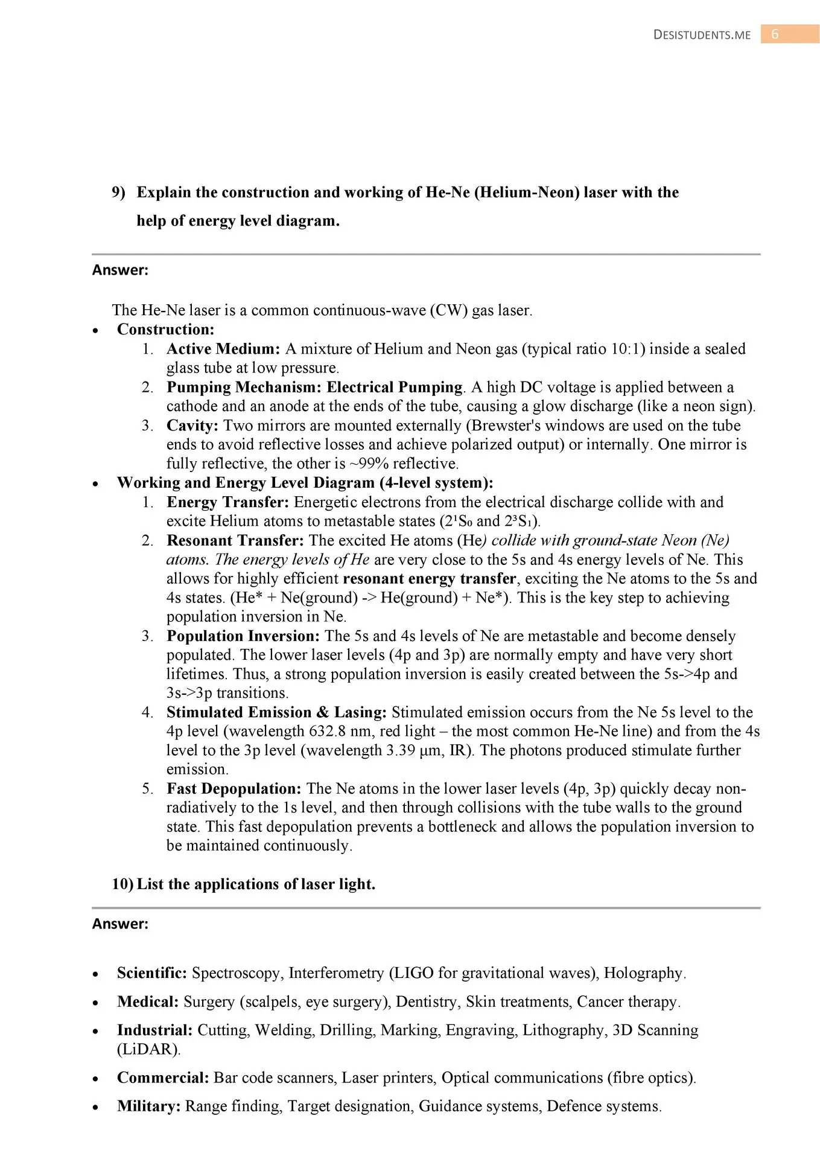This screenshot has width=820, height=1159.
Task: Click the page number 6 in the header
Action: (775, 34)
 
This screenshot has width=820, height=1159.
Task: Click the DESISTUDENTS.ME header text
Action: (702, 35)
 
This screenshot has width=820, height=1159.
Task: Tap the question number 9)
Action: (118, 193)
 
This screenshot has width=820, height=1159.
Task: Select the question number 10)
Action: (122, 884)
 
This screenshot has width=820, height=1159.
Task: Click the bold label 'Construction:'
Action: (165, 330)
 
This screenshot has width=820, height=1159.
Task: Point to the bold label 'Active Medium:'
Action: (223, 349)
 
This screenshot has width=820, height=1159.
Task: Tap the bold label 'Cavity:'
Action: (192, 426)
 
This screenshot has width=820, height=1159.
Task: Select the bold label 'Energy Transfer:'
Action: (227, 502)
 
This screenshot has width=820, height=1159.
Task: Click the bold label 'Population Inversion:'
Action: (243, 636)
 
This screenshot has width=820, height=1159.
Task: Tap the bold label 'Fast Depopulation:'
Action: (234, 789)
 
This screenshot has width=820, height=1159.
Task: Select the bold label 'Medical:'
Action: (148, 1002)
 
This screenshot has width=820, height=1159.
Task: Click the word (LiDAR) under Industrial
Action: (148, 1050)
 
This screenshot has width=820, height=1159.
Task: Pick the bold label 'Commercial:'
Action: (163, 1078)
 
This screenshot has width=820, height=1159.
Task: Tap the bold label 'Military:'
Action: (148, 1106)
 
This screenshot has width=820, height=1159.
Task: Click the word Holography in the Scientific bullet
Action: (643, 973)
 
